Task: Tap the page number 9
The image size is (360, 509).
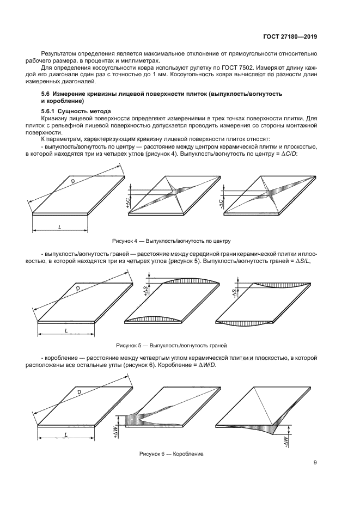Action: click(315, 463)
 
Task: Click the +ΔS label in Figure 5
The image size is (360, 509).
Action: click(145, 291)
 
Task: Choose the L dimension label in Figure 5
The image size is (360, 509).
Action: click(65, 330)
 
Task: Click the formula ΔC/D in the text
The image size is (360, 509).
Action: click(289, 154)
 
